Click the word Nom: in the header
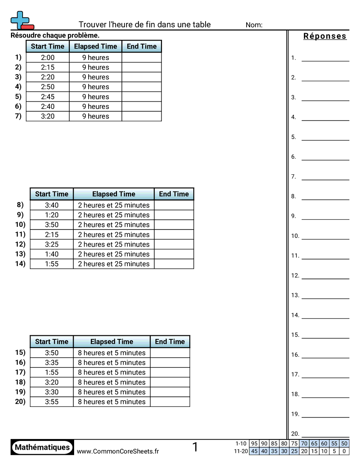pos(254,25)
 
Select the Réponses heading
pos(325,36)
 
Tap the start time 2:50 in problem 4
pos(48,87)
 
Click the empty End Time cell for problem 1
pos(142,57)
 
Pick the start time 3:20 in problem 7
pos(48,116)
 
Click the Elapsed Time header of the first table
pos(95,46)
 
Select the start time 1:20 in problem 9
pos(52,215)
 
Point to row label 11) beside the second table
pos(20,234)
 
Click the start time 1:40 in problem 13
pos(52,254)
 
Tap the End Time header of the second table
pos(174,194)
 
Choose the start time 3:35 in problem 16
pos(52,363)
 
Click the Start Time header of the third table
pos(52,342)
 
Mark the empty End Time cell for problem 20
pos(170,402)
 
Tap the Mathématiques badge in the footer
pos(42,447)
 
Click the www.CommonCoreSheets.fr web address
pos(118,451)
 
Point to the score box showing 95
pos(254,443)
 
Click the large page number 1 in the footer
pos(195,447)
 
